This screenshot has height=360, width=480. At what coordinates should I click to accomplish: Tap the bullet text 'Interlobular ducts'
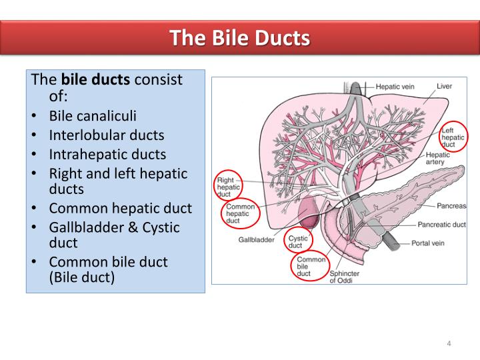[x=106, y=135]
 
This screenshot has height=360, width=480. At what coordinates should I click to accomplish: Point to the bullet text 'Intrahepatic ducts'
[x=107, y=154]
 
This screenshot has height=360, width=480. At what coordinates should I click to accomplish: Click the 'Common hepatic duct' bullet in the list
[x=120, y=208]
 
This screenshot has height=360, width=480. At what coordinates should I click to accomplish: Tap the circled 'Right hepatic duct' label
[x=227, y=187]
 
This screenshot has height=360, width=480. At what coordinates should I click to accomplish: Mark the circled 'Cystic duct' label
[x=298, y=241]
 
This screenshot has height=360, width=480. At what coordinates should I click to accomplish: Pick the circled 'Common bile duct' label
[x=311, y=266]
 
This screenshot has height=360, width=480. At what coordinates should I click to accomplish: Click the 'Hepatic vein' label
[x=396, y=87]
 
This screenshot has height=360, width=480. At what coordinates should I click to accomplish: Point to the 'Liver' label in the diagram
[x=444, y=87]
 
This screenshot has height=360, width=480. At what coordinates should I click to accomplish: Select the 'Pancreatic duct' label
[x=442, y=225]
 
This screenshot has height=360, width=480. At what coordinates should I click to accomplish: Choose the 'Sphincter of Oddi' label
[x=345, y=277]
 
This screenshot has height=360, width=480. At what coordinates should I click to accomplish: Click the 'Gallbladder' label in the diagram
[x=256, y=239]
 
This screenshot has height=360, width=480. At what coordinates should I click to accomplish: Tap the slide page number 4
[x=449, y=343]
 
